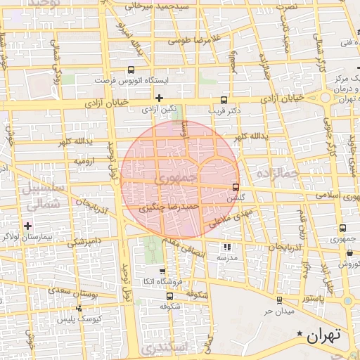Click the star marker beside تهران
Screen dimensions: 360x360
[300, 333]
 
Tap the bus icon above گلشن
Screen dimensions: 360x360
[235, 188]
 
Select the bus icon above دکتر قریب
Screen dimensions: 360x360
[224, 100]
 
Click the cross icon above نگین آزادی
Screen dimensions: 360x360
[159, 97]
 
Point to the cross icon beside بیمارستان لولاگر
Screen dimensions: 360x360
[27, 226]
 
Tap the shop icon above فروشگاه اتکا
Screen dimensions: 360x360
[163, 271]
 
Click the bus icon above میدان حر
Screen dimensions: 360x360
[269, 299]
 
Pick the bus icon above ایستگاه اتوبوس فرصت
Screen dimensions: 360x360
[131, 70]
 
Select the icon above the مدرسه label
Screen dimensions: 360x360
[226, 247]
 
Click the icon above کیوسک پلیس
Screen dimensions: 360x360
[78, 308]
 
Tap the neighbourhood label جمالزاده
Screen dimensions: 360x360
[278, 172]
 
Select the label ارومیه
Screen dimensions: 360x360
[85, 161]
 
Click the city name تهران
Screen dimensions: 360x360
[323, 335]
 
